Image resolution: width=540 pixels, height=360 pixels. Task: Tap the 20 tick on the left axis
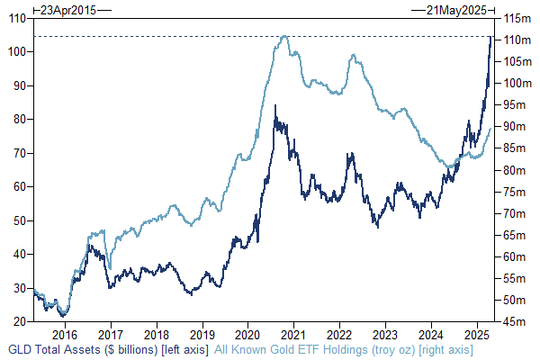click(x=20, y=321)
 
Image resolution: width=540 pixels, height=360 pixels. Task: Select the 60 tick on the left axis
click(x=20, y=186)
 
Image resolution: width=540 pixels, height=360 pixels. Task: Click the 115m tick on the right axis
click(x=515, y=18)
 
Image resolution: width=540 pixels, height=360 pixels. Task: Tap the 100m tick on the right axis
click(x=515, y=83)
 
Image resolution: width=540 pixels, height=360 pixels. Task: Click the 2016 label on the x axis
click(x=65, y=331)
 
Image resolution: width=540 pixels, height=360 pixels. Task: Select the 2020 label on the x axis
click(x=248, y=331)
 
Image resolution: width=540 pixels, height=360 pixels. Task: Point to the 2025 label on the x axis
click(x=477, y=331)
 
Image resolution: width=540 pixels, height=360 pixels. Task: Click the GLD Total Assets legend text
click(x=108, y=348)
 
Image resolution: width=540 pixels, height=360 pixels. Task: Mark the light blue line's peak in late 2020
click(x=284, y=36)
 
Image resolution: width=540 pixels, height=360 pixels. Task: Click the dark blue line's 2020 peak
click(x=274, y=106)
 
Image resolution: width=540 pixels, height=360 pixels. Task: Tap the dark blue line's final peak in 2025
click(x=490, y=36)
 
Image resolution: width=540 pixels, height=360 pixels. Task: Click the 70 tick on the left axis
click(x=20, y=153)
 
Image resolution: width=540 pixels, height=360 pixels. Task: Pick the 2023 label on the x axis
click(x=385, y=331)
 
